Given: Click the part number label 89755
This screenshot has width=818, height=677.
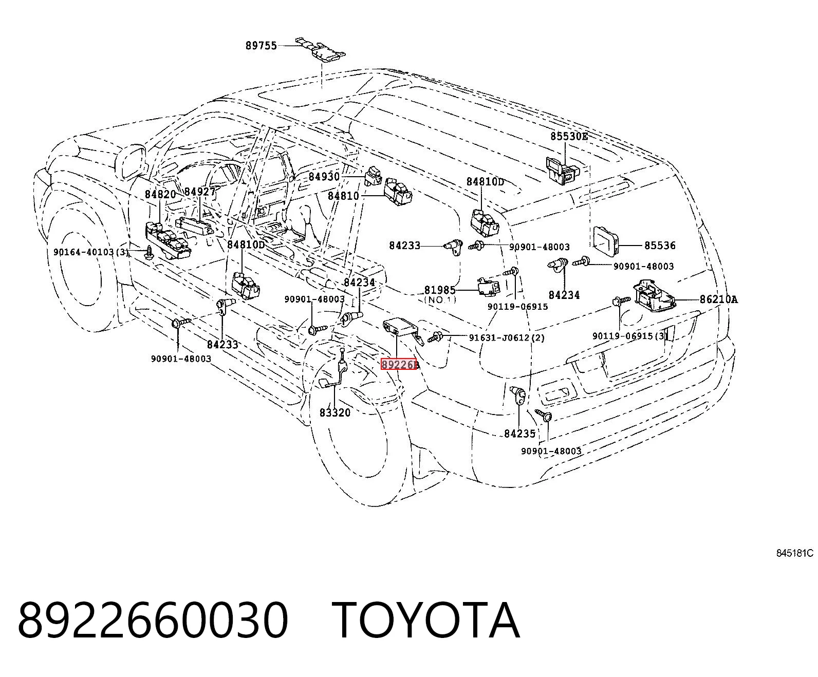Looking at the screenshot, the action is [x=261, y=46].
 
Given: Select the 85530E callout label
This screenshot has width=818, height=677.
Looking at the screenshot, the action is [x=569, y=136].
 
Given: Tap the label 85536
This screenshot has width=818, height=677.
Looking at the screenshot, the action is [x=660, y=246].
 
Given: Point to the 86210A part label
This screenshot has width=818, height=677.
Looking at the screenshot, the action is [x=718, y=299].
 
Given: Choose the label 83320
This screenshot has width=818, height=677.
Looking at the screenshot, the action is [x=335, y=412].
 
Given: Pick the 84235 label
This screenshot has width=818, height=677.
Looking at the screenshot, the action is [x=519, y=434].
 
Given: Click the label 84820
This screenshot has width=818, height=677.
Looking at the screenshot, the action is [x=160, y=194].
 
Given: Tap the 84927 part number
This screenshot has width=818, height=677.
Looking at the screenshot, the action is [x=200, y=192].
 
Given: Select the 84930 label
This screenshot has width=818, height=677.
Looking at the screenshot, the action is [x=324, y=177].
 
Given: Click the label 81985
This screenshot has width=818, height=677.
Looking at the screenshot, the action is [x=440, y=290].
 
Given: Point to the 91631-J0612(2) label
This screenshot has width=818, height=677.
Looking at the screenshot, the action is [x=507, y=337].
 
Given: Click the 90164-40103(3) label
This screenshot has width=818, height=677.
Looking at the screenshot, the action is [x=91, y=252].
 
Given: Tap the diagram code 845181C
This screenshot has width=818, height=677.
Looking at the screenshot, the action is [x=795, y=553].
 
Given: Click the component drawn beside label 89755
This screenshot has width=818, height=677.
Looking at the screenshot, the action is [x=321, y=49].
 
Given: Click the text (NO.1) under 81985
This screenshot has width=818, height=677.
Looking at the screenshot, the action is [x=440, y=300].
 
